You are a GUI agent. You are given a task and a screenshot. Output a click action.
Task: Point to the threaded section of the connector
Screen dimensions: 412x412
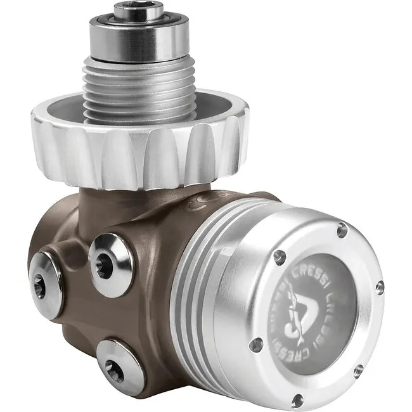(136, 82)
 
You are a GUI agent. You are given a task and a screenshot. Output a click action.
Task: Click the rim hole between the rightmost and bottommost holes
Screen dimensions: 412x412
(360, 370)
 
